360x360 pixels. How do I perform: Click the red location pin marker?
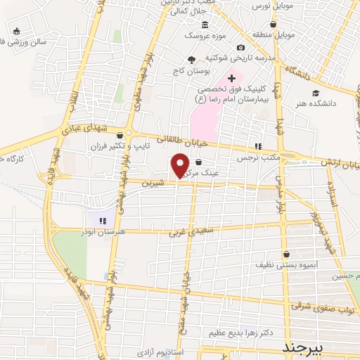coord(181,165)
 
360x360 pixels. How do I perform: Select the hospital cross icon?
coord(231,78)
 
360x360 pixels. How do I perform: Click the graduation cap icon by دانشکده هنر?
coord(316,93)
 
